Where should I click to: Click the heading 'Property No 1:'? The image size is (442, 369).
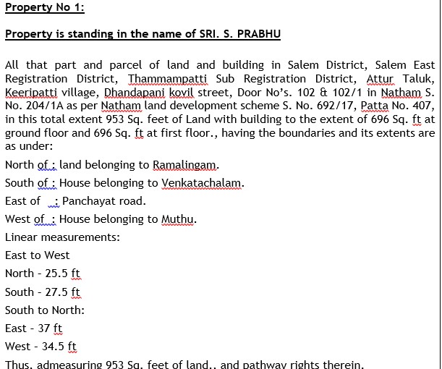click(45, 8)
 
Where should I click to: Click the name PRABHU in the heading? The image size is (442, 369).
click(257, 34)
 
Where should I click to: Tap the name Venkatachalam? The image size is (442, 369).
click(202, 183)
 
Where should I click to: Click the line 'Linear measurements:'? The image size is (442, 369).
click(62, 237)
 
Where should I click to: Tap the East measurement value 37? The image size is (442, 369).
click(44, 328)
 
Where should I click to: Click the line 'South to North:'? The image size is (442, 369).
click(45, 310)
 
